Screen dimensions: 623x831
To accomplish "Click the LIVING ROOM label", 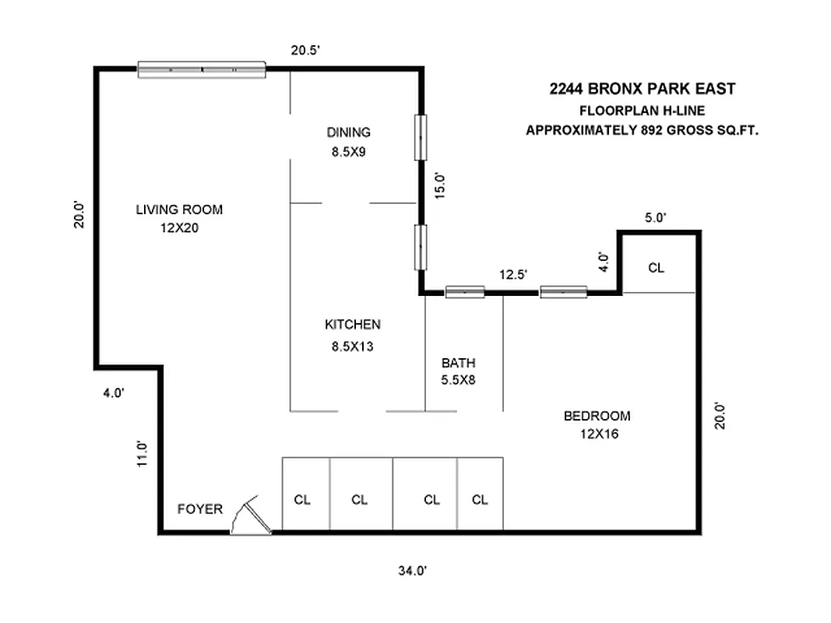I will pos(179,209).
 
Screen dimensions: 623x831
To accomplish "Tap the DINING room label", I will pos(348,132).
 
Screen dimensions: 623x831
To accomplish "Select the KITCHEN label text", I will pos(352,325).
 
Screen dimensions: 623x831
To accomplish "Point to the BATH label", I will pos(458,363).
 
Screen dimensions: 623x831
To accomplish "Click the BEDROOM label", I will pos(597,416).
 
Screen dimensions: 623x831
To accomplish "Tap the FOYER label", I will pos(200,509).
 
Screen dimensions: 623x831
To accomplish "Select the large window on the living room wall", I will pos(202,70).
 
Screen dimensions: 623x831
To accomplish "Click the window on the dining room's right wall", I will pos(421,137).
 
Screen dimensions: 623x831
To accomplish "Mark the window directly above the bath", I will pos(464,292).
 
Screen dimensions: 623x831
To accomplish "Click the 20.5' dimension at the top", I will pos(306,50).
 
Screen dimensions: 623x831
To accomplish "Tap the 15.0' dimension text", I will pos(440,187).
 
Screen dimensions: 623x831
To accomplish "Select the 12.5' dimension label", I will pos(513,274).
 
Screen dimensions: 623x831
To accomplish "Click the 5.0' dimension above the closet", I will pos(655,218).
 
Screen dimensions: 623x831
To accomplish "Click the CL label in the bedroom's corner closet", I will pos(657,268).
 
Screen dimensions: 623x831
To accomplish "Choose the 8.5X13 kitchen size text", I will pos(352,347).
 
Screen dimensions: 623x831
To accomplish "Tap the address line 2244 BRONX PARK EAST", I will pos(642,90).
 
